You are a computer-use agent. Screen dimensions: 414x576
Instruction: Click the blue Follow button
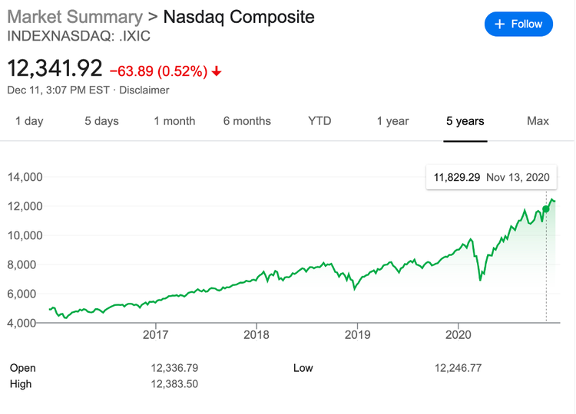pyautogui.click(x=518, y=24)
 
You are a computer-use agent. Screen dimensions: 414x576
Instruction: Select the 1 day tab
pyautogui.click(x=29, y=121)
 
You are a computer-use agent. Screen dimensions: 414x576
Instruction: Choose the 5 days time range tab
pyautogui.click(x=101, y=121)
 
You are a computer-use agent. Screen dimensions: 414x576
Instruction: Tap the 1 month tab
pyautogui.click(x=174, y=121)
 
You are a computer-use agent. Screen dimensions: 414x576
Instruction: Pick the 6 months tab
pyautogui.click(x=247, y=121)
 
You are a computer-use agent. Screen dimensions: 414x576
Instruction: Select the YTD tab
pyautogui.click(x=319, y=121)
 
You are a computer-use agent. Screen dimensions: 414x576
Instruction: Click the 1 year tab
pyautogui.click(x=392, y=121)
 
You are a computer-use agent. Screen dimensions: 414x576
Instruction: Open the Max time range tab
pyautogui.click(x=538, y=121)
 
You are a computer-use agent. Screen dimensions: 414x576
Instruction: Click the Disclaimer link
pyautogui.click(x=144, y=90)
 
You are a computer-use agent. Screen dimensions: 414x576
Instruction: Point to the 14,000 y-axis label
pyautogui.click(x=25, y=177)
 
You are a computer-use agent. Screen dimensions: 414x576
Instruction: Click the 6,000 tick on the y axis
pyautogui.click(x=25, y=294)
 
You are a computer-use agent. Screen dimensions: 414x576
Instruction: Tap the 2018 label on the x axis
pyautogui.click(x=257, y=334)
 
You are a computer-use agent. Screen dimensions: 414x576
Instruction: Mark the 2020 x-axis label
pyautogui.click(x=458, y=334)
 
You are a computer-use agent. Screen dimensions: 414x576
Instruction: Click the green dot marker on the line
pyautogui.click(x=546, y=209)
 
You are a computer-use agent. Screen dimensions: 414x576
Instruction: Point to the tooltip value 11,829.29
pyautogui.click(x=457, y=177)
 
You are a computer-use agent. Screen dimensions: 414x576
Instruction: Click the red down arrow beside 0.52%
pyautogui.click(x=217, y=71)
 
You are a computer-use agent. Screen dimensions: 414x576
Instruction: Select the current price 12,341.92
pyautogui.click(x=55, y=68)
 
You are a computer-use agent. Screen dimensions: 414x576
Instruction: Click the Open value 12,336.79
pyautogui.click(x=175, y=368)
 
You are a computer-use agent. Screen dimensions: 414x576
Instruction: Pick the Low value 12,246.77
pyautogui.click(x=458, y=368)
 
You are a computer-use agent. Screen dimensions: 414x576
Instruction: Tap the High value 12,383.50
pyautogui.click(x=175, y=383)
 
